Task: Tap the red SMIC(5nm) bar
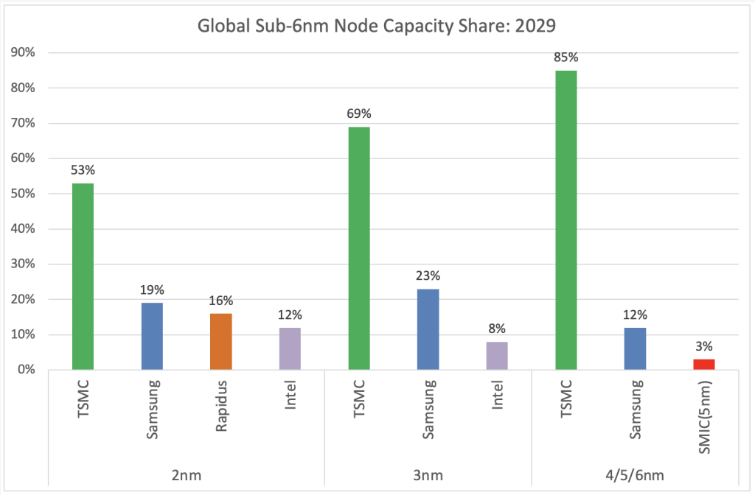coord(704,364)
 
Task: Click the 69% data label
coord(358,113)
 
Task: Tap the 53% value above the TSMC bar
coord(83,170)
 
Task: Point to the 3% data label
coord(704,345)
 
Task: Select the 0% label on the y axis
coord(29,370)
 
